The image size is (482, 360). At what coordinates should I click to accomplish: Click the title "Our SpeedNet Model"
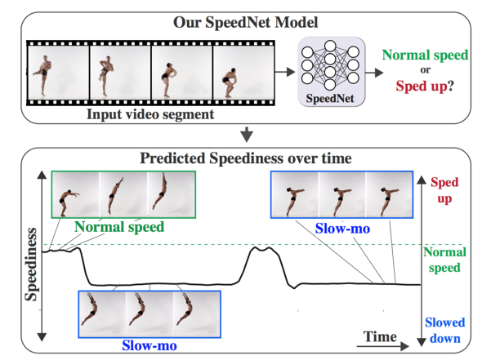tap(245, 22)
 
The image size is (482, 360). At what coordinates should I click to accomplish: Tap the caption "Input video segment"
tap(150, 114)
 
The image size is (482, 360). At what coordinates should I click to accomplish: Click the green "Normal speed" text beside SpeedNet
tap(425, 55)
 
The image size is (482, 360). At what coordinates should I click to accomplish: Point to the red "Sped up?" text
tap(425, 86)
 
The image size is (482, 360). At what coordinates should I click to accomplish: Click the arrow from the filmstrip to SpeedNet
tap(285, 72)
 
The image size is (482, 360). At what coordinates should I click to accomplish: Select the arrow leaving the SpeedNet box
tap(374, 73)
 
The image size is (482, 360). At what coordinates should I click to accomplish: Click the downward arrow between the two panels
tap(247, 134)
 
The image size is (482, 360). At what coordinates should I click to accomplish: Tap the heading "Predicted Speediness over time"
tap(246, 158)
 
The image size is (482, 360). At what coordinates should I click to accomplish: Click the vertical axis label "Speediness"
tap(31, 264)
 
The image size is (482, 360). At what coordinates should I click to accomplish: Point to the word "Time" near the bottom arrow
tap(380, 336)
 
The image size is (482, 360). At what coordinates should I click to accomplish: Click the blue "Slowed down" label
tap(444, 331)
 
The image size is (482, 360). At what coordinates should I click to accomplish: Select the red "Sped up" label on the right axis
tap(444, 190)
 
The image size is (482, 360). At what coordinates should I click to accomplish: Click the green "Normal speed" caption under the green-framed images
tap(119, 227)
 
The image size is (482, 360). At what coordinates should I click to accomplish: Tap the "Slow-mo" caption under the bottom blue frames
tap(150, 345)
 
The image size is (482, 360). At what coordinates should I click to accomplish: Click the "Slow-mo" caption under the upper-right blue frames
tap(342, 229)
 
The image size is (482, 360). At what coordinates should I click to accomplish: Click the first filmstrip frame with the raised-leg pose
tap(58, 73)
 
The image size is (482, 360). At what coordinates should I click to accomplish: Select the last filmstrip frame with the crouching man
tap(243, 73)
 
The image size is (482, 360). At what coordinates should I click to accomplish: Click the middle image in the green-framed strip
tap(123, 195)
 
